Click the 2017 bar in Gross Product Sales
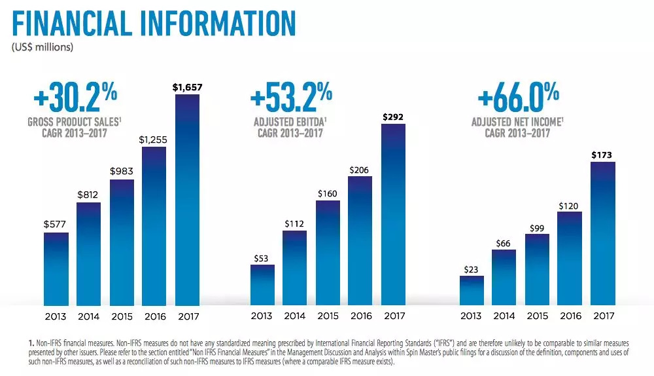pos(187,200)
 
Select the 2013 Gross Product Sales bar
pos(56,269)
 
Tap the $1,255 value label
pos(154,138)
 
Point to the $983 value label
pos(122,171)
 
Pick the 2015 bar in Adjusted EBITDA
pos(328,253)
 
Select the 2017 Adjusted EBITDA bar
pos(393,214)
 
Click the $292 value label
pos(393,116)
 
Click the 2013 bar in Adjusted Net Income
pos(472,290)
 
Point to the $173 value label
pos(602,154)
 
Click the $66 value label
pos(504,242)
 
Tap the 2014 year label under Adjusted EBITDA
pos(295,316)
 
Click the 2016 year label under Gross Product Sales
pos(154,316)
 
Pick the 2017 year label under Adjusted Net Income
pos(602,316)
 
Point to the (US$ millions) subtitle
pos(43,47)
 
